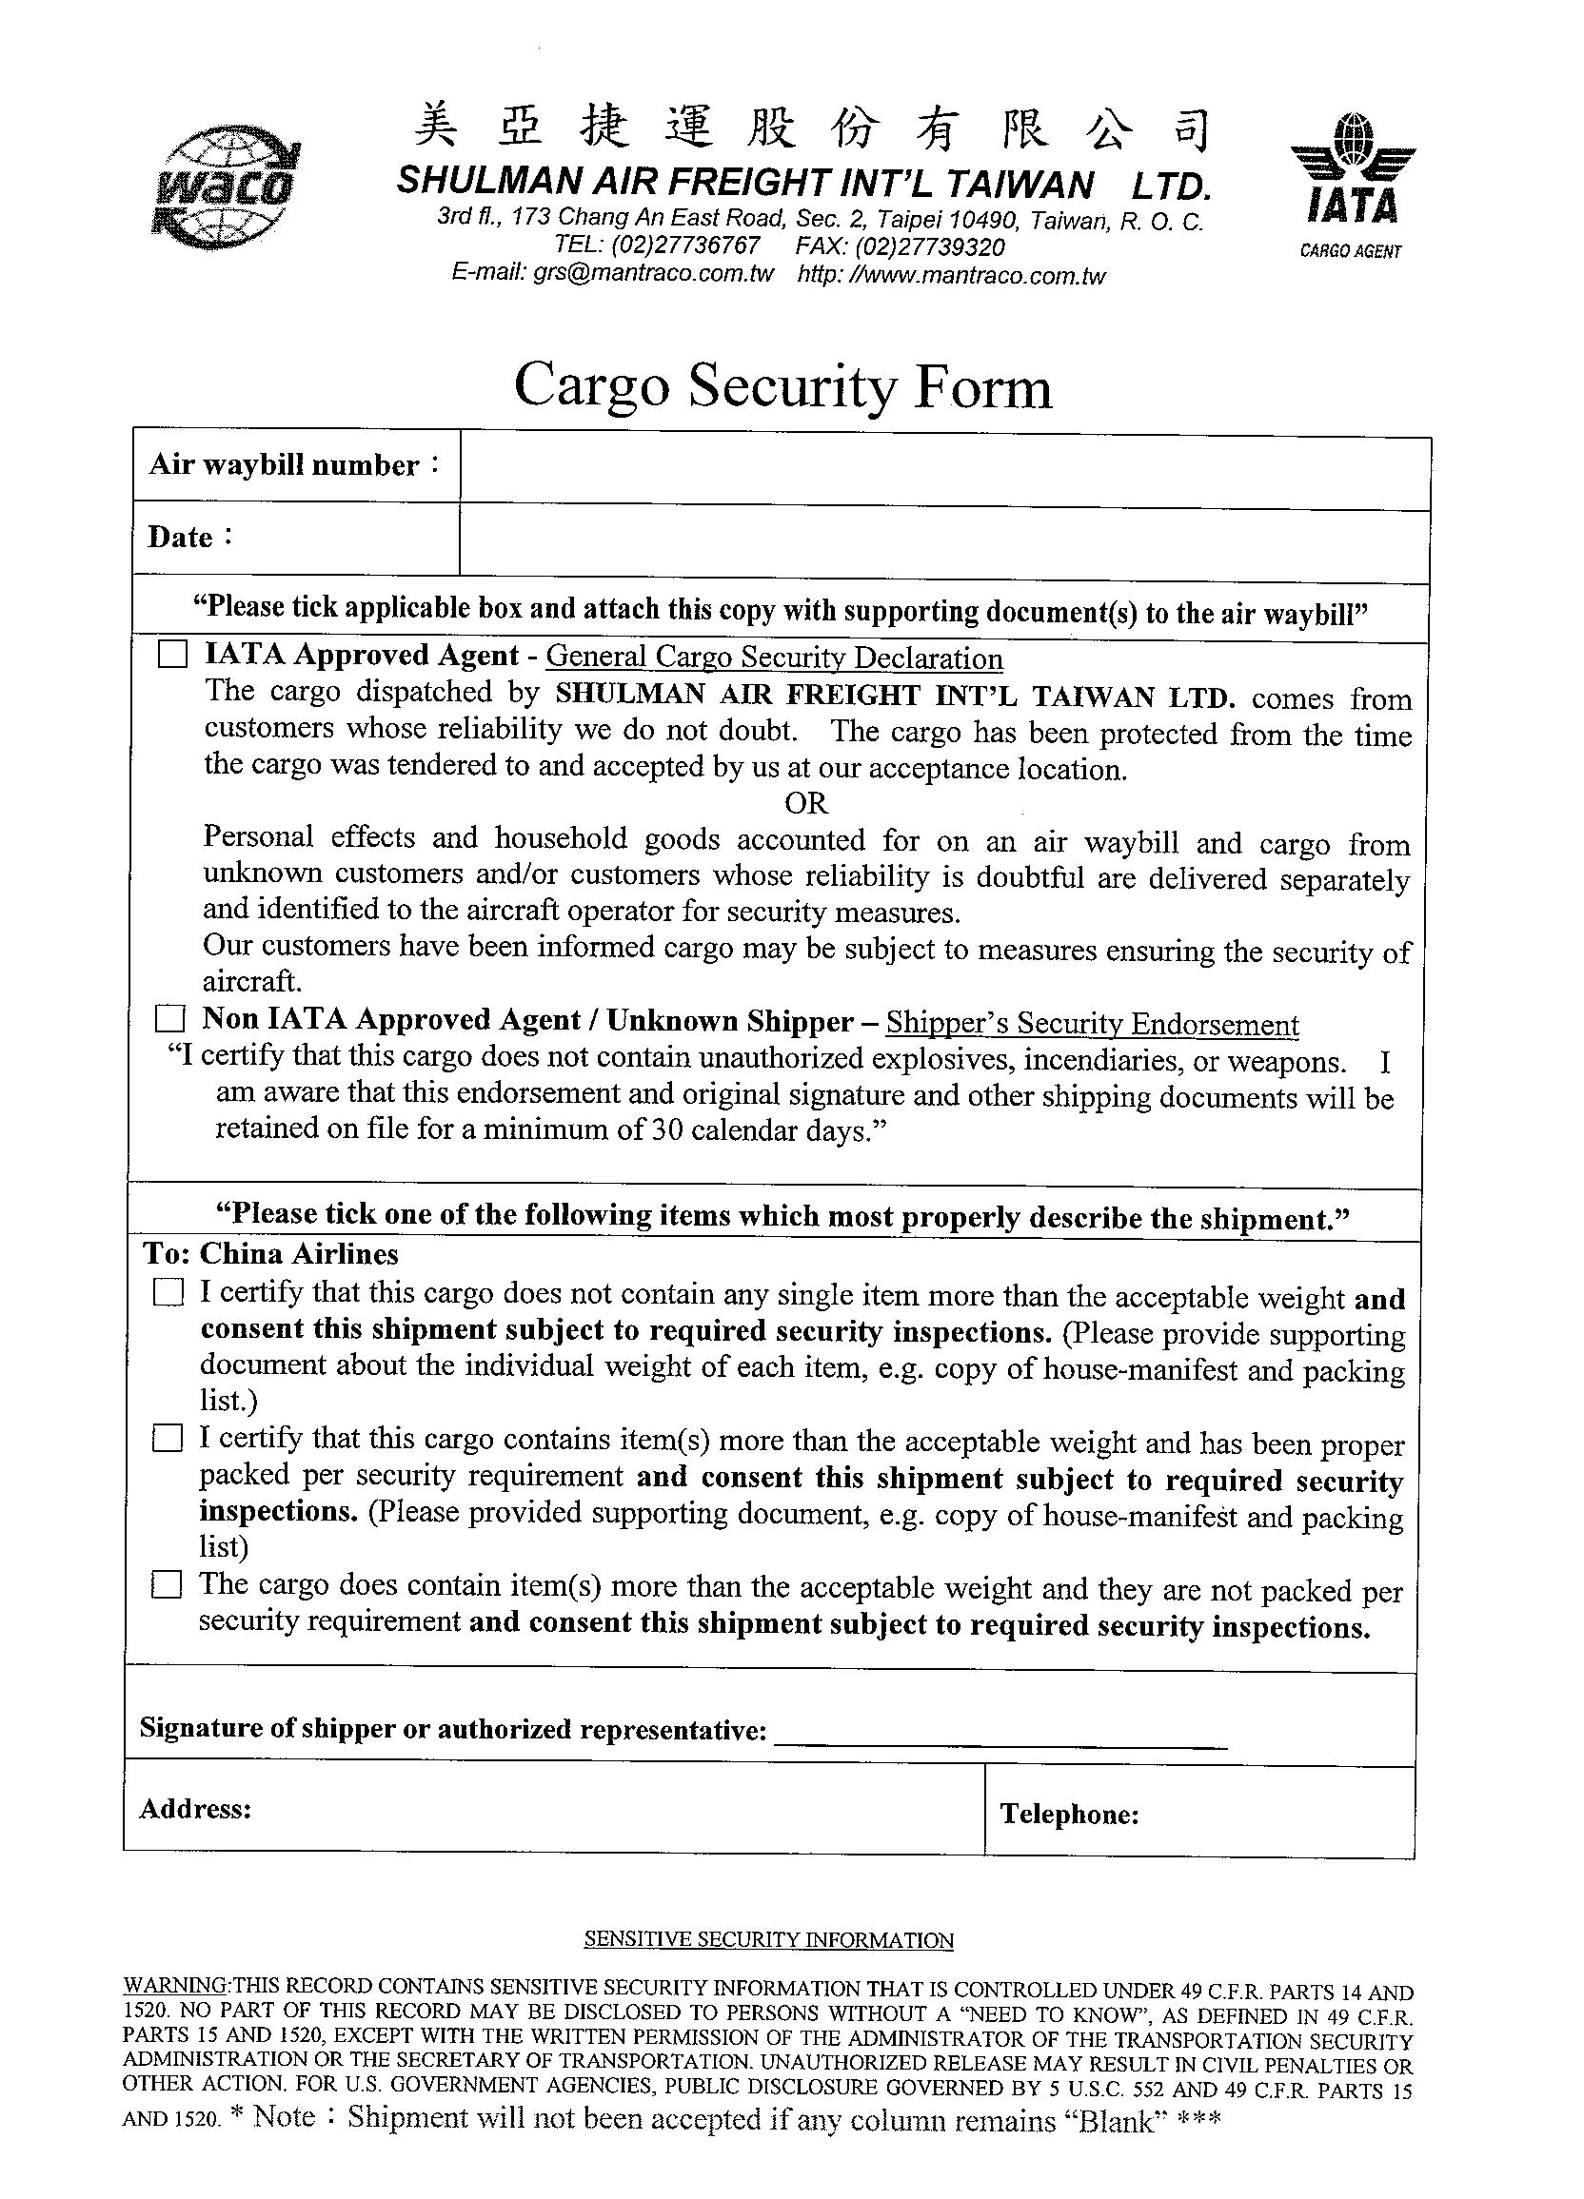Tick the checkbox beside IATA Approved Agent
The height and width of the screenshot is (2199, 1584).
172,657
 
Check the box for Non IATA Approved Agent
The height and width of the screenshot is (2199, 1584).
170,1019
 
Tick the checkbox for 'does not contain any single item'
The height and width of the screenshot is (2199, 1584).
168,1292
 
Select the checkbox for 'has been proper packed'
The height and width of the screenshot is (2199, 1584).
167,1438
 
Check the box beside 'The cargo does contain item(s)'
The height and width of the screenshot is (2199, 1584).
167,1585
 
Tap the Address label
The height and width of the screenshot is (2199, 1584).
195,1809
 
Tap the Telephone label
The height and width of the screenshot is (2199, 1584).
1069,1814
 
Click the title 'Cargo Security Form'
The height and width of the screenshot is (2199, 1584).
782,387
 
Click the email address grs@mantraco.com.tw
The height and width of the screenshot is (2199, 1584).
653,273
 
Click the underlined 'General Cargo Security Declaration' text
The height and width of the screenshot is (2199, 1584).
774,658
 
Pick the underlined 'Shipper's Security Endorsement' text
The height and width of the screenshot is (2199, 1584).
1092,1024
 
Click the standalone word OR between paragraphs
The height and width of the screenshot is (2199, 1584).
806,803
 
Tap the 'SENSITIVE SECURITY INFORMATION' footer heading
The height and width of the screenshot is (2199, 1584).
768,1940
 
